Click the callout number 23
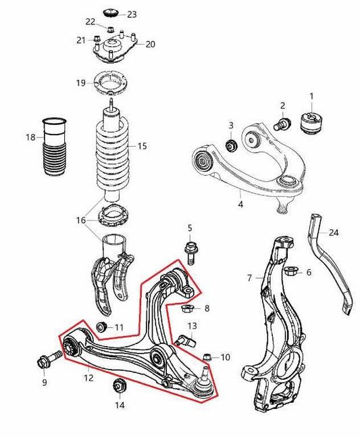click(131, 14)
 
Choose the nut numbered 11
click(102, 328)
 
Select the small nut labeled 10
click(207, 356)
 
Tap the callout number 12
click(88, 379)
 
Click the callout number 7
click(249, 278)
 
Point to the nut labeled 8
click(188, 309)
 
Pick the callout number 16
click(81, 220)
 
